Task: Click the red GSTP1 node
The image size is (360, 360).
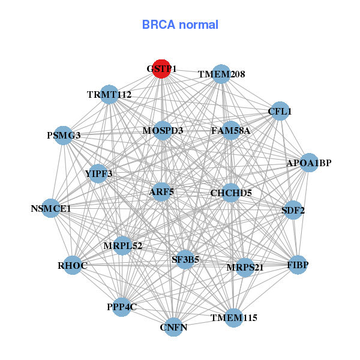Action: click(x=161, y=68)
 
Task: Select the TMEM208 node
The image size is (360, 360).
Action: click(x=221, y=74)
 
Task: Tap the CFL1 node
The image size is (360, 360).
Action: click(x=280, y=111)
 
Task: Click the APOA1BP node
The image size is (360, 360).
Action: click(x=308, y=163)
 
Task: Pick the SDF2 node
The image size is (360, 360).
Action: click(x=293, y=210)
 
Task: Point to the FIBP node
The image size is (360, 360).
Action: click(x=298, y=265)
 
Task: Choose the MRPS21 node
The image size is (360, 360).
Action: click(x=245, y=267)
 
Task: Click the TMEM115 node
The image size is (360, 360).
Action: click(x=233, y=317)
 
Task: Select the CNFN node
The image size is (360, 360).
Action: click(x=173, y=327)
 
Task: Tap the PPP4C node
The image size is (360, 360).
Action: click(x=122, y=307)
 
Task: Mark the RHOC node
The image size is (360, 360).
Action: click(x=73, y=265)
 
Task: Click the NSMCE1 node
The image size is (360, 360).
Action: click(x=51, y=209)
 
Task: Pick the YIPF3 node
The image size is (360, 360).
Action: click(x=99, y=173)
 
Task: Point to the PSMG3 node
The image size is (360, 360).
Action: click(x=64, y=135)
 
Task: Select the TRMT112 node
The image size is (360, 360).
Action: click(x=109, y=94)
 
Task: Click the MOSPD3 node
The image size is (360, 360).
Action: click(x=163, y=130)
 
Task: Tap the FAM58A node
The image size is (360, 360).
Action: click(x=231, y=130)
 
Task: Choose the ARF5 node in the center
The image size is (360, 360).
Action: click(x=161, y=192)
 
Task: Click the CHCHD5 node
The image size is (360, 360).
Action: click(x=231, y=193)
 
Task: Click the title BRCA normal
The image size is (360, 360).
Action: click(x=180, y=25)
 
